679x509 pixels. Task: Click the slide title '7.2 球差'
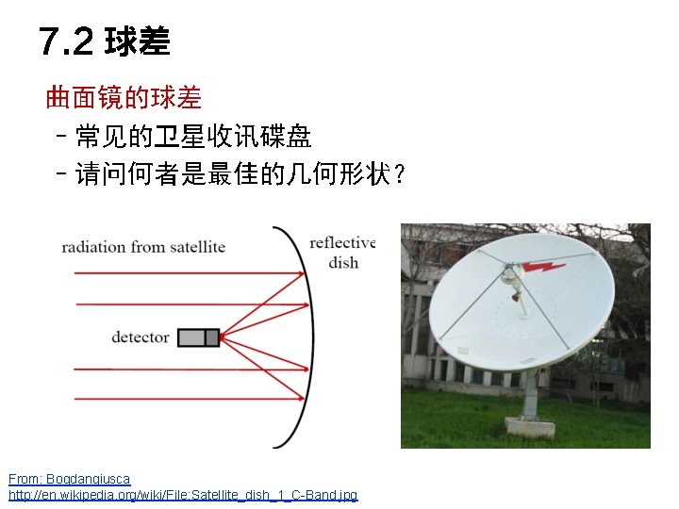pos(105,41)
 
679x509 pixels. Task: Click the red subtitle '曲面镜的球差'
pos(124,97)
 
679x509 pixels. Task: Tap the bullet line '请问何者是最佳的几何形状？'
pos(240,174)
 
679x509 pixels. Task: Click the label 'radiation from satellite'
pos(143,247)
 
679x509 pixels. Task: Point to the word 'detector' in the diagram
pos(141,337)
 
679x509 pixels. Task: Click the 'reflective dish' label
pos(342,253)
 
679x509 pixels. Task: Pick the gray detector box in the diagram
pos(198,337)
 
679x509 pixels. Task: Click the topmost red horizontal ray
pos(179,273)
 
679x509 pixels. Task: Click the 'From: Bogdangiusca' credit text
pos(70,480)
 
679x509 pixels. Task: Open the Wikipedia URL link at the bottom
pos(183,495)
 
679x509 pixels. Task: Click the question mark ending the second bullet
pos(401,175)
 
